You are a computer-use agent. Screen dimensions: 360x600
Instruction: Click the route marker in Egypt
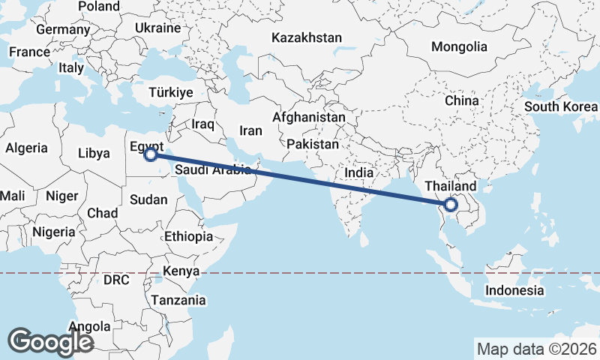[151, 154]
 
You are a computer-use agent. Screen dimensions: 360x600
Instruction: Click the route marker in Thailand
[451, 204]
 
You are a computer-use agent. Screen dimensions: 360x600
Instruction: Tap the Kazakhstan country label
[307, 37]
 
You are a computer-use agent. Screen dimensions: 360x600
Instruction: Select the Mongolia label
[459, 46]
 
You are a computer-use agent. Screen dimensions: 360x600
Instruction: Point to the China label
[461, 100]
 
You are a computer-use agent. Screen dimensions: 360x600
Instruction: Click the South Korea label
[561, 106]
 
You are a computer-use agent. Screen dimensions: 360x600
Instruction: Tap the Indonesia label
[514, 290]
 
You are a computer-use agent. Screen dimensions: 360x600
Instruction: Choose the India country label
[358, 172]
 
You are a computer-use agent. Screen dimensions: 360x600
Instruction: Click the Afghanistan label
[309, 118]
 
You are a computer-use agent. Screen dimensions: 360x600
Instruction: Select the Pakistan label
[313, 143]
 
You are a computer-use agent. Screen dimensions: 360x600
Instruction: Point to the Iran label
[250, 130]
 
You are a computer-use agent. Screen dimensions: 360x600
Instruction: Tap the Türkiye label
[171, 92]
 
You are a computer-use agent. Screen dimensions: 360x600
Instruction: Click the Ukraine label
[157, 28]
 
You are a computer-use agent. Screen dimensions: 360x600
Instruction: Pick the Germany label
[62, 30]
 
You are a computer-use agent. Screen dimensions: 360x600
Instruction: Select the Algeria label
[26, 148]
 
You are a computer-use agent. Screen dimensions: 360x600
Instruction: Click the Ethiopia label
[188, 236]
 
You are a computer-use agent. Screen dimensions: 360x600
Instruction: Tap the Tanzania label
[178, 300]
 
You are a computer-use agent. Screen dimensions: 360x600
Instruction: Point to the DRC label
[117, 280]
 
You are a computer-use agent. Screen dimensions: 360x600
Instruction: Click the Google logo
[50, 341]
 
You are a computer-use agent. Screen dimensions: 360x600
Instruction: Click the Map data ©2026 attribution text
[537, 349]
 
